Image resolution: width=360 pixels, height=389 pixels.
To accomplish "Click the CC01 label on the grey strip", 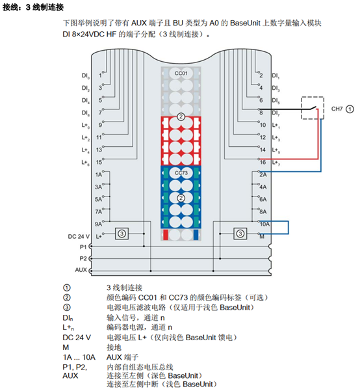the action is [181, 74].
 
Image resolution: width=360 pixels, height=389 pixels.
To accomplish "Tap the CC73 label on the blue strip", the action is [181, 173].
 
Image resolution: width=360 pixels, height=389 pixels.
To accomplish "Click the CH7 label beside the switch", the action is [337, 109].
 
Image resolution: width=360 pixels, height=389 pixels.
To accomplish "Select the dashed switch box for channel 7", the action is [313, 97].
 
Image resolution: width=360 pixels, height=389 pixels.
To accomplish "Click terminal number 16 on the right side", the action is [263, 162].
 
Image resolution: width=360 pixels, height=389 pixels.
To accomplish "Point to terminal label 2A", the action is [263, 174].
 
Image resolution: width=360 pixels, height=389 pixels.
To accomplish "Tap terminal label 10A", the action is [264, 224].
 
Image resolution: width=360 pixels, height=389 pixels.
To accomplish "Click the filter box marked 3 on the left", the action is [122, 234].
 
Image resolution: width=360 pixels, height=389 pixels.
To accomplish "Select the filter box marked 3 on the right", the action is [240, 234].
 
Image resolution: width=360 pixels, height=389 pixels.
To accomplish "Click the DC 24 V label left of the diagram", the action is [79, 236].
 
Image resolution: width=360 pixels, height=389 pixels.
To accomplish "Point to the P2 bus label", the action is [83, 258].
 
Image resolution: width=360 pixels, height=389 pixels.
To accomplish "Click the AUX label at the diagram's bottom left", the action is [81, 270].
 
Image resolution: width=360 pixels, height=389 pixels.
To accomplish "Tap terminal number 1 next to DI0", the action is [100, 75].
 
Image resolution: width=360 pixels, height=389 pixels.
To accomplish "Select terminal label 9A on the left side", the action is [98, 224].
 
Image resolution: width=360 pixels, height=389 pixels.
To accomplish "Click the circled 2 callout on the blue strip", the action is [181, 198].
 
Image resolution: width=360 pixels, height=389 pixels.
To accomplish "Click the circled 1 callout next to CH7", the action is [350, 109].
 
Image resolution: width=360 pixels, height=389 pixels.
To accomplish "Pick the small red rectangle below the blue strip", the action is [166, 235].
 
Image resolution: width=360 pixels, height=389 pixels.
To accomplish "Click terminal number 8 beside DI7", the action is [261, 113].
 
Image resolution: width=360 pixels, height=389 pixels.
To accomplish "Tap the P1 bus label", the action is [83, 247].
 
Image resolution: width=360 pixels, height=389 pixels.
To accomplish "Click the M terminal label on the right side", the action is [262, 237].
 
